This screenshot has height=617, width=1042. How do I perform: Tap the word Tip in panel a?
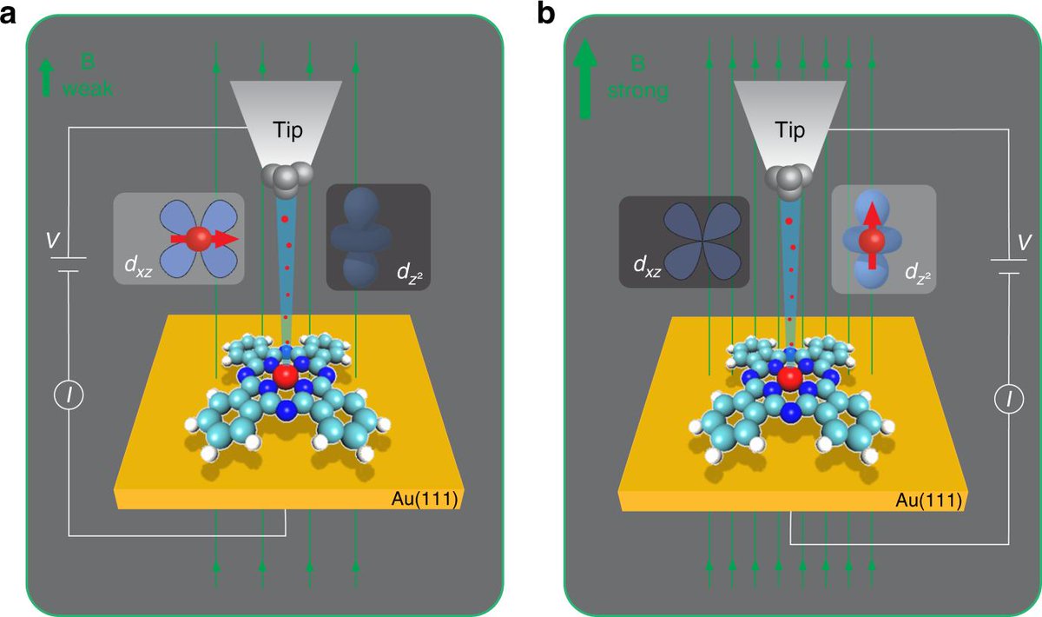coord(286,129)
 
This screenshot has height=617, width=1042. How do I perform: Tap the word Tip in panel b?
coord(789,129)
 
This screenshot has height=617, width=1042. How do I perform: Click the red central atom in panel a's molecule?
coord(286,375)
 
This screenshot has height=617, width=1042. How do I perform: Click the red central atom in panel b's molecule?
coord(789,377)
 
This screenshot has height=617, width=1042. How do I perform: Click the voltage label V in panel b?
coord(1026,241)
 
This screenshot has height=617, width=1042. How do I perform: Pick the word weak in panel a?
coord(87,89)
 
